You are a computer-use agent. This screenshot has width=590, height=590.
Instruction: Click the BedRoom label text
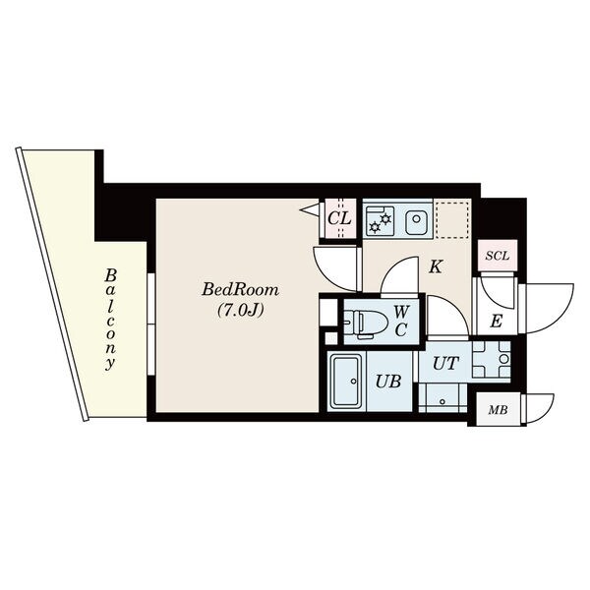[x=240, y=290]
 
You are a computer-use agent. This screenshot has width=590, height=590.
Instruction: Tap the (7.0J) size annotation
[x=240, y=310]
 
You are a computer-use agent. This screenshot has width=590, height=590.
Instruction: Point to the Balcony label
[x=110, y=320]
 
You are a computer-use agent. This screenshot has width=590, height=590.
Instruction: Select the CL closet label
[x=339, y=218]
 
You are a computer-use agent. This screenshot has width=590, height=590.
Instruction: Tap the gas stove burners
[x=380, y=222]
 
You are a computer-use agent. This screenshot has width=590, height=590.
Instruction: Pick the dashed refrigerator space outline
[x=451, y=219]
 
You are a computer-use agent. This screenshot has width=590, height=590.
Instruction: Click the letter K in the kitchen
[x=436, y=266]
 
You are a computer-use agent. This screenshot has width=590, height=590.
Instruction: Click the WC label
[x=401, y=321]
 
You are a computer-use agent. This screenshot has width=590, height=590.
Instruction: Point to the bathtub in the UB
[x=346, y=382]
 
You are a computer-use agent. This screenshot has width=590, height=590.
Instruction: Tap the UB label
[x=388, y=382]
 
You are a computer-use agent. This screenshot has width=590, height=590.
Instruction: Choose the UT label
[x=445, y=363]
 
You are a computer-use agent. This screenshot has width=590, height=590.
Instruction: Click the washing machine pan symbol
[x=492, y=359]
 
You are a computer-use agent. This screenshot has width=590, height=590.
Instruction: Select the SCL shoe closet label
[x=497, y=257]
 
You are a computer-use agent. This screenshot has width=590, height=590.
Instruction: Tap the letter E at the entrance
[x=497, y=322]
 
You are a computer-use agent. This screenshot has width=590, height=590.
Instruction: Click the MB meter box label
[x=498, y=410]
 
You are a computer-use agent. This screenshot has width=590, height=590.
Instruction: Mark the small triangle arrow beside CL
[x=312, y=208]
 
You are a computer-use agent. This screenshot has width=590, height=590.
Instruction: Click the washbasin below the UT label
[x=442, y=397]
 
